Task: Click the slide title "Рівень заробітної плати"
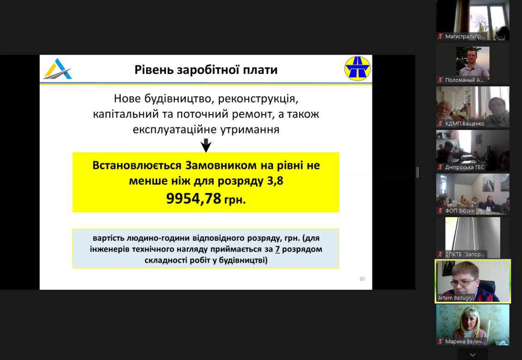click(206, 70)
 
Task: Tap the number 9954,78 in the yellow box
click(193, 199)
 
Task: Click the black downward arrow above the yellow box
click(206, 146)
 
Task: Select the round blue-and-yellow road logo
click(357, 68)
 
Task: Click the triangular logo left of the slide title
click(58, 69)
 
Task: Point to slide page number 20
click(362, 279)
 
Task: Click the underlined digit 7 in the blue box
click(277, 249)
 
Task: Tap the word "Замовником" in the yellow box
click(221, 165)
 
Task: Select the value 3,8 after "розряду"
click(275, 181)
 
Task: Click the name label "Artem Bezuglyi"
click(455, 298)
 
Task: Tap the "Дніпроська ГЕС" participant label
click(464, 167)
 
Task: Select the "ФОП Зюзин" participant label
click(460, 211)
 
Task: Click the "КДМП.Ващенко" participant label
click(465, 123)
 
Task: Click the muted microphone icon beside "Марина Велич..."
click(441, 342)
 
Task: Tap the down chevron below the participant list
click(473, 354)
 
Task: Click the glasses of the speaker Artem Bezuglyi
click(464, 283)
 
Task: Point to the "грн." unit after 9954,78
click(235, 200)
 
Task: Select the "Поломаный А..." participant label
click(464, 80)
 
